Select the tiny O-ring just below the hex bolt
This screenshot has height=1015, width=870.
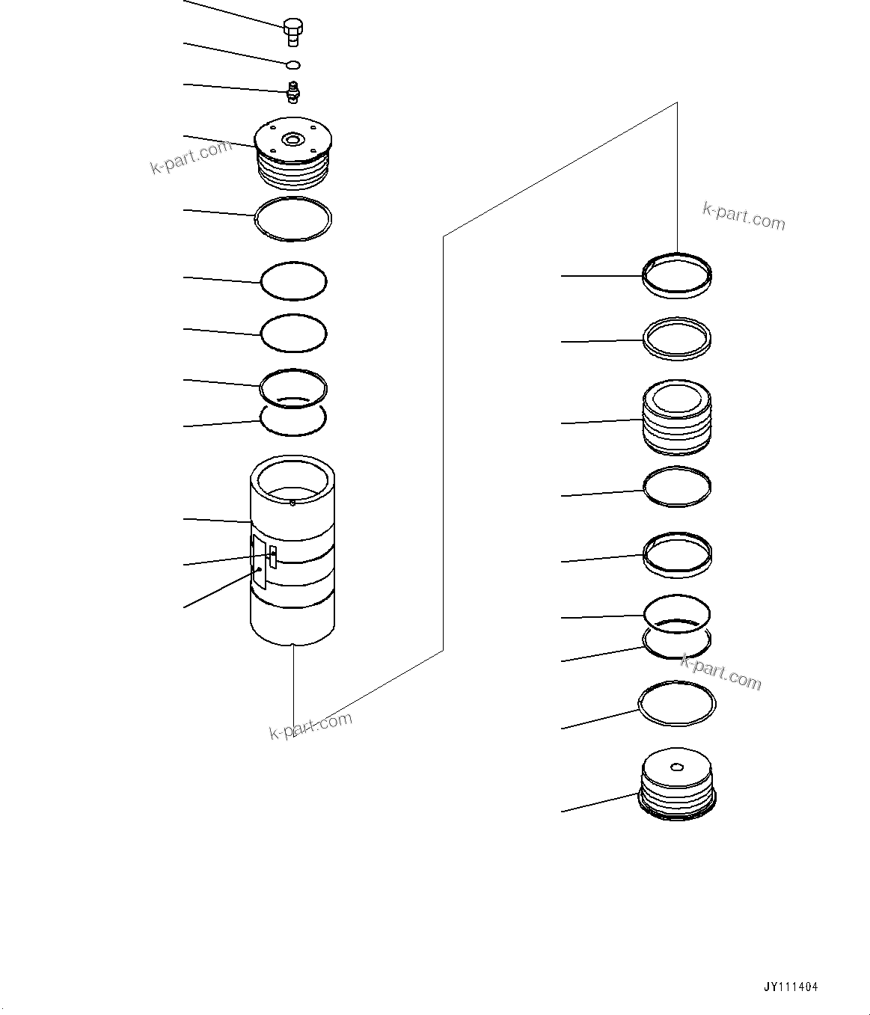pos(294,65)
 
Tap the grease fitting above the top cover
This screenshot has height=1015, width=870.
pos(293,93)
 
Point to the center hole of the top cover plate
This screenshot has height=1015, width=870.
pos(292,139)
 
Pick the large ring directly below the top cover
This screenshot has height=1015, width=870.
pos(293,219)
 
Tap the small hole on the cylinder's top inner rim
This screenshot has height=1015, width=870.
pos(292,502)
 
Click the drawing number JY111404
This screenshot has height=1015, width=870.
pos(791,987)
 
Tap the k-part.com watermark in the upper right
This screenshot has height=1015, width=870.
pos(744,216)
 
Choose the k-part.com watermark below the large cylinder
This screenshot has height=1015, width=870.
pos(310,724)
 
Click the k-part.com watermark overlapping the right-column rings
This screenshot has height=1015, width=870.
pos(720,671)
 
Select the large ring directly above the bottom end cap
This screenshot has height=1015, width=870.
pos(677,704)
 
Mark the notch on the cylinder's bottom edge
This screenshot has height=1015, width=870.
pos(293,644)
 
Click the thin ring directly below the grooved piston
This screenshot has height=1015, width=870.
pos(678,488)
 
